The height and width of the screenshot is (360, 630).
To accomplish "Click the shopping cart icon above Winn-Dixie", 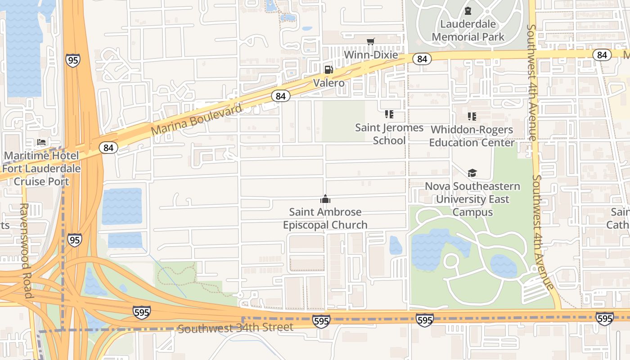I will [x=370, y=42].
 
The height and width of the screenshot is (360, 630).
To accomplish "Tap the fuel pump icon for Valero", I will [x=329, y=69].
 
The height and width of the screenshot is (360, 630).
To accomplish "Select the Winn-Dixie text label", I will [x=371, y=55].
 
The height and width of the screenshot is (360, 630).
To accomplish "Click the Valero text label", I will [x=329, y=83].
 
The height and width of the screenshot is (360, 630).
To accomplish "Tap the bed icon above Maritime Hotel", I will [x=41, y=143].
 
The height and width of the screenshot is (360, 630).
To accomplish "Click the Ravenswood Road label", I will [x=25, y=250].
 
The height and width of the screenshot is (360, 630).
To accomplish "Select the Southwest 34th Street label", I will [x=236, y=328].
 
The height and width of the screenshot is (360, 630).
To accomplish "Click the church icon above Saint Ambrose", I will [x=325, y=199].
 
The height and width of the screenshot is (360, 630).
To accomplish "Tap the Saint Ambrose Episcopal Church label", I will [x=325, y=218].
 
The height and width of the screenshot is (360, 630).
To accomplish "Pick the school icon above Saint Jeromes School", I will [x=389, y=114].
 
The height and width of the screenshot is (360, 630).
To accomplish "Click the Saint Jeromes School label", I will [x=389, y=134].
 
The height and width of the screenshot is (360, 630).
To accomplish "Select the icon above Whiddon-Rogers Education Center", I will [x=472, y=117].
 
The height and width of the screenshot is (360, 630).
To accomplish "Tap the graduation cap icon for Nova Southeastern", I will [x=472, y=173].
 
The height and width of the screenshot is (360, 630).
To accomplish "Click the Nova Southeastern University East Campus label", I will [x=472, y=199].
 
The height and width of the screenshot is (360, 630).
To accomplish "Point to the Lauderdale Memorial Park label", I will [x=468, y=31].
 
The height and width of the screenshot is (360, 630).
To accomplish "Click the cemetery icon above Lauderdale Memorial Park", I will [x=468, y=11].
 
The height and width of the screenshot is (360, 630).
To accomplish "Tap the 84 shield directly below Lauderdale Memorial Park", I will [x=422, y=59].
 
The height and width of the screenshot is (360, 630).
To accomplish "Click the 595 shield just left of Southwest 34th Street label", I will [x=141, y=312].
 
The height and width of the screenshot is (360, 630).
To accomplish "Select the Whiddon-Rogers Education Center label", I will [x=472, y=136].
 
